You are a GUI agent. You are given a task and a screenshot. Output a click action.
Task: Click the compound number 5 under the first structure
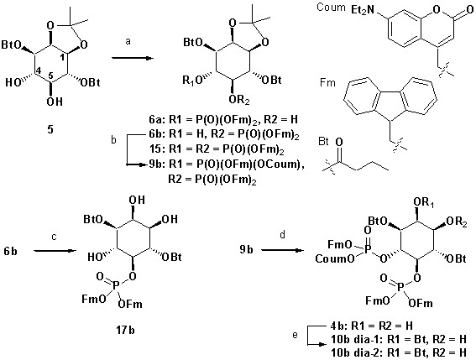(x=50, y=129)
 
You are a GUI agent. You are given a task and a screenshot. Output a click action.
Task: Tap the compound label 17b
(x=126, y=330)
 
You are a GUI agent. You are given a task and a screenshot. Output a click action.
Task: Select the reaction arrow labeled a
(x=132, y=58)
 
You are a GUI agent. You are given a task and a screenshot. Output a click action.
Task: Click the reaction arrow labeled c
(x=55, y=251)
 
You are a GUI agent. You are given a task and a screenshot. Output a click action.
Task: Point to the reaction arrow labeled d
(x=282, y=250)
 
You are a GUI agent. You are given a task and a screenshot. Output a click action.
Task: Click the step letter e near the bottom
(x=295, y=335)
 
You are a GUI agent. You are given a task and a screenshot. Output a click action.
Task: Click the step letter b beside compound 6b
(x=114, y=140)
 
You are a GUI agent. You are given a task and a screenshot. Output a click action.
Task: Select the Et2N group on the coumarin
(x=363, y=10)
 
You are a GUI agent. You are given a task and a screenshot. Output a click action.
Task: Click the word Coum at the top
(x=331, y=8)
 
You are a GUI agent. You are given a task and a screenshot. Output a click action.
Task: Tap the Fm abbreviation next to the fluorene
(x=327, y=82)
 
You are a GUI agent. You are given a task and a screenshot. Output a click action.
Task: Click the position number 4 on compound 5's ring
(x=38, y=71)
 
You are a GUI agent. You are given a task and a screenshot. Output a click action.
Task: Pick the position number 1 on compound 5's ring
(x=61, y=57)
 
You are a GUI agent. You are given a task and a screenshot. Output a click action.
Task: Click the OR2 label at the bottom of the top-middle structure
(x=239, y=101)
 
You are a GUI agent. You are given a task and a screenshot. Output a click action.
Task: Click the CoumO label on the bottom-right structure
(x=335, y=258)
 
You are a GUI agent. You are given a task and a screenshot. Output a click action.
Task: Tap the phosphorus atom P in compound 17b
(x=116, y=284)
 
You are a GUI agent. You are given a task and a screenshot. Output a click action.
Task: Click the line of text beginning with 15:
(x=216, y=149)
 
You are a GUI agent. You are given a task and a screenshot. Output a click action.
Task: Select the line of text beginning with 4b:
(x=372, y=326)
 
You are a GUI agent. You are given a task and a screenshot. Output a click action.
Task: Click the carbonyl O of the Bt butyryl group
(x=339, y=142)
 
